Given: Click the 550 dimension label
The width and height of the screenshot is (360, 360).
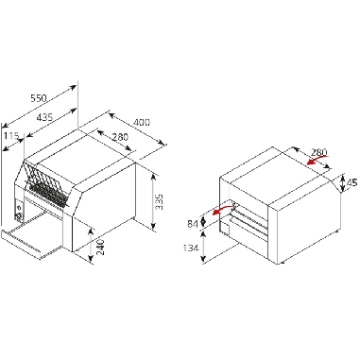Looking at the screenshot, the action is point(39,98).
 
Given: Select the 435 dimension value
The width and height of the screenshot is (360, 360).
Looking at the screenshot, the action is point(44,117).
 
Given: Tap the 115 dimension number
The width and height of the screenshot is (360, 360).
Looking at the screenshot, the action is point(11,136).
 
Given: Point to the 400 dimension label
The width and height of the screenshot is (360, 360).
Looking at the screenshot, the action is point(142,122).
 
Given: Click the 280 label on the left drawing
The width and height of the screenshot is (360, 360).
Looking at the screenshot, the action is point(120,137).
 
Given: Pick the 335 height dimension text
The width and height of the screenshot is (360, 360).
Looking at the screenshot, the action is point(160,202).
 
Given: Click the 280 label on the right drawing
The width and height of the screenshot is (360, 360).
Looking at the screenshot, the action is point(319,152).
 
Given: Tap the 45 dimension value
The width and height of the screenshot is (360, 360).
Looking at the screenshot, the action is point(351,182).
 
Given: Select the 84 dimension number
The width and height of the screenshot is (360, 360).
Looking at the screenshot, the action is point(193,224).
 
